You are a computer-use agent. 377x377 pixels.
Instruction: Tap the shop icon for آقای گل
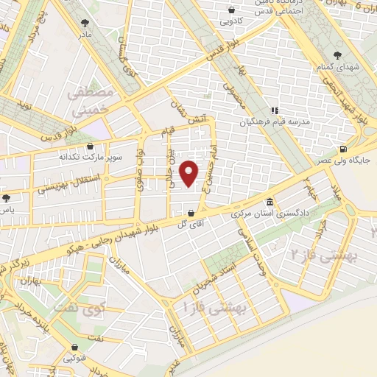click(x=191, y=214)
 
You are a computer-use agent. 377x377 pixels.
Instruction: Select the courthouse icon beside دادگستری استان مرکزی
click(x=269, y=202)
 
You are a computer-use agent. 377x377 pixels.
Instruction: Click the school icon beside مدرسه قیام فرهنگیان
click(x=274, y=111)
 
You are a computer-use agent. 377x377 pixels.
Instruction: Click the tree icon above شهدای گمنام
click(x=339, y=55)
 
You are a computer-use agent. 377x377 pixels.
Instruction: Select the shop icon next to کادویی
click(x=232, y=10)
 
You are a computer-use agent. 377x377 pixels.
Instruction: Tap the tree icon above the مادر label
click(x=87, y=23)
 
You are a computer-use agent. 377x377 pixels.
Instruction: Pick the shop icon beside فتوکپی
click(x=73, y=347)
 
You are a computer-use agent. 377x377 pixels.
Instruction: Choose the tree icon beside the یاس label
click(x=7, y=197)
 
